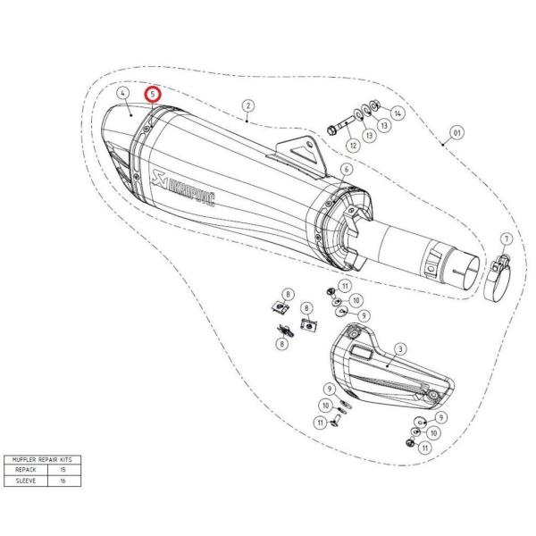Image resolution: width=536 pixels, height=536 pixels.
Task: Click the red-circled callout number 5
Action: [x=153, y=93]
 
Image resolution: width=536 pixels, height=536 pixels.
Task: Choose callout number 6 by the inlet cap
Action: [x=346, y=169]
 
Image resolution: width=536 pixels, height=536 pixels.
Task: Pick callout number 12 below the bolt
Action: [x=354, y=145]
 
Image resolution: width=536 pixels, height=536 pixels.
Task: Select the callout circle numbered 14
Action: [x=398, y=113]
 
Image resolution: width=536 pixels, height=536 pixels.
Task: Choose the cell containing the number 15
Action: [x=61, y=469]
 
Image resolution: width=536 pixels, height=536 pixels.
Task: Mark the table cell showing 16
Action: [x=61, y=480]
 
